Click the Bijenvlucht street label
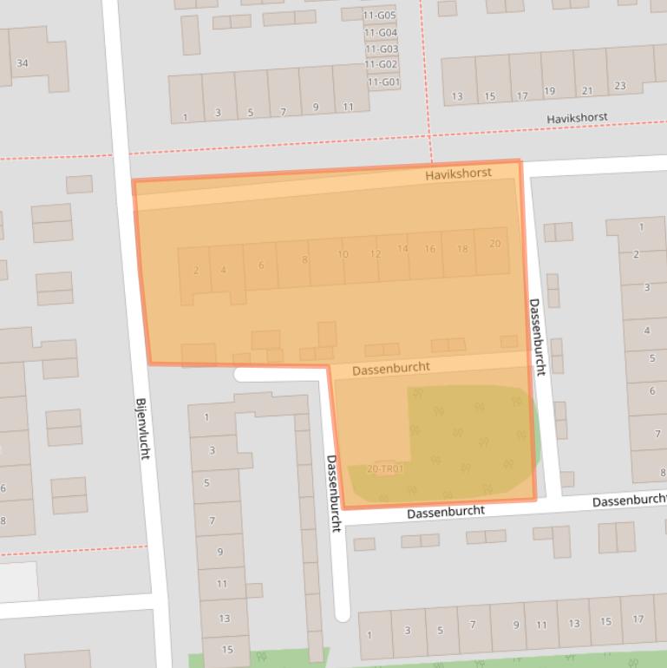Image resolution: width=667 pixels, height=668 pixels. pyautogui.click(x=142, y=428)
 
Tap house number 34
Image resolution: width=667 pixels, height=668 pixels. pyautogui.click(x=23, y=63)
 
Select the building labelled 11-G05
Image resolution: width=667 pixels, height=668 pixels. pyautogui.click(x=380, y=16)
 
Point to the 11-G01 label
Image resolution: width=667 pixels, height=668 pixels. pyautogui.click(x=383, y=82)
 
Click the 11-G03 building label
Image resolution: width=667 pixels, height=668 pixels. pyautogui.click(x=381, y=49)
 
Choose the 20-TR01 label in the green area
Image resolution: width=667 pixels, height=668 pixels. pyautogui.click(x=385, y=469)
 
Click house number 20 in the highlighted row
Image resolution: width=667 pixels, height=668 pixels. pyautogui.click(x=494, y=244)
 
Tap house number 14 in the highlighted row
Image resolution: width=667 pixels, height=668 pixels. pyautogui.click(x=402, y=249)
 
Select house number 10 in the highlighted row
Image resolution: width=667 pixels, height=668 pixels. pyautogui.click(x=343, y=254)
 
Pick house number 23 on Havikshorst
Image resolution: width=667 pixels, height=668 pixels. pyautogui.click(x=619, y=86)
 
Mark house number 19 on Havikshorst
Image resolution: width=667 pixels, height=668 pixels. pyautogui.click(x=549, y=91)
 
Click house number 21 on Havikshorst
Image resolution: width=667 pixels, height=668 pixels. pyautogui.click(x=587, y=90)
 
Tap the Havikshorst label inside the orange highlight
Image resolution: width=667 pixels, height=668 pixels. pyautogui.click(x=458, y=174)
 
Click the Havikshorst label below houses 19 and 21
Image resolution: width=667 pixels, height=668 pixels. pyautogui.click(x=577, y=117)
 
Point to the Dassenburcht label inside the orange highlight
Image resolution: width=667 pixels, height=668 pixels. pyautogui.click(x=390, y=368)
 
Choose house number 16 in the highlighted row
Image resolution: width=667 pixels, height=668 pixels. pyautogui.click(x=429, y=249)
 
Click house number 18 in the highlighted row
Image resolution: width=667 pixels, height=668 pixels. pyautogui.click(x=462, y=249)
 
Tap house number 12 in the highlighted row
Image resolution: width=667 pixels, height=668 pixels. pyautogui.click(x=375, y=254)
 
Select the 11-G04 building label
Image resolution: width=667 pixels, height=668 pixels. pyautogui.click(x=381, y=33)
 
